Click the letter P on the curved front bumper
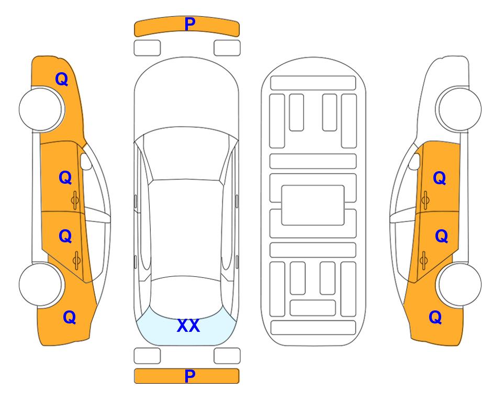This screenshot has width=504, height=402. point(190,24)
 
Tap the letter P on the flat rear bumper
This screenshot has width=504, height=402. point(190,376)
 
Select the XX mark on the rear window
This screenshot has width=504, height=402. point(188,326)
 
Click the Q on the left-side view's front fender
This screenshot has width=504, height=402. point(62,79)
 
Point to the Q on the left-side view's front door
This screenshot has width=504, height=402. point(65,177)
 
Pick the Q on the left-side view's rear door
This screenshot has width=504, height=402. point(65,236)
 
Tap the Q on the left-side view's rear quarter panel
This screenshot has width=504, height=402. point(70,317)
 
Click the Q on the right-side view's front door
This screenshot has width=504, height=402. point(440,178)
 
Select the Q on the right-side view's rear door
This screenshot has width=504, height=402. point(441,236)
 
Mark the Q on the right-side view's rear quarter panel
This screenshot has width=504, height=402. point(435,317)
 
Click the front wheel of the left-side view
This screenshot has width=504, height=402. point(41,109)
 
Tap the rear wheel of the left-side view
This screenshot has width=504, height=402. point(40,284)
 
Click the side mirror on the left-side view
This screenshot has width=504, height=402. point(86,161)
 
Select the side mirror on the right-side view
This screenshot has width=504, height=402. point(414,161)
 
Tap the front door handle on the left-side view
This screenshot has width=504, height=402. point(75,200)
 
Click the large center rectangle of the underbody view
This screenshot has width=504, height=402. point(313,205)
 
